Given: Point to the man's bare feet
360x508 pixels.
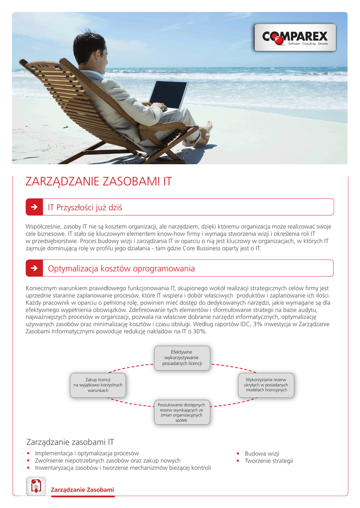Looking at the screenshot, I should click(204, 133).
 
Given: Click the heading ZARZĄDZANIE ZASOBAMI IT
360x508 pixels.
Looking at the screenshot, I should click(98, 182).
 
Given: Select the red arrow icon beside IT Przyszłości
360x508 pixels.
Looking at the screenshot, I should click(34, 207).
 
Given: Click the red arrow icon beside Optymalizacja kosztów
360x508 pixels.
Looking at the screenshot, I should click(34, 268).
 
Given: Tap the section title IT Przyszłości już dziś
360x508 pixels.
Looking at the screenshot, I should click(85, 207).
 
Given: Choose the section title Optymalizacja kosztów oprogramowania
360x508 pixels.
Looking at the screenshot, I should click(121, 268).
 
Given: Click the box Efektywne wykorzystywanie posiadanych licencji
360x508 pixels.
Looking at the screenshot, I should click(182, 358).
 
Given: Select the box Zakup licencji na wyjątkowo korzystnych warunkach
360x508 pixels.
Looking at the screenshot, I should click(98, 385).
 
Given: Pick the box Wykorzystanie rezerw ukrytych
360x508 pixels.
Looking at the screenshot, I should click(266, 385).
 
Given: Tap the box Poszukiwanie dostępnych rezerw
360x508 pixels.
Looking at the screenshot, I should click(182, 412).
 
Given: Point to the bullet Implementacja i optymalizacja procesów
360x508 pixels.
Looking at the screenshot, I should click(87, 453).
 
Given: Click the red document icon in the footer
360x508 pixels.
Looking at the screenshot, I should click(36, 486).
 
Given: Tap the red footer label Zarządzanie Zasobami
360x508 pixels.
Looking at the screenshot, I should click(82, 490).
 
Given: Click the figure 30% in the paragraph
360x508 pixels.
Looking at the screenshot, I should click(200, 331).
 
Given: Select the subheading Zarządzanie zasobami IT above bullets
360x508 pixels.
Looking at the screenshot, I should click(70, 442).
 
